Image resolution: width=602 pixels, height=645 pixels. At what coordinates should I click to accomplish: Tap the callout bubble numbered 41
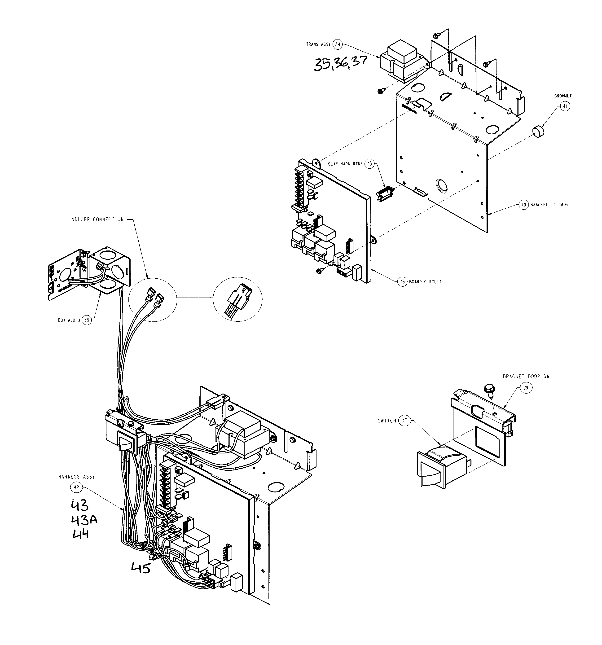tap(565, 106)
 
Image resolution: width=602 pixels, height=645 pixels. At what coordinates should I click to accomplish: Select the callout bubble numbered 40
tap(523, 205)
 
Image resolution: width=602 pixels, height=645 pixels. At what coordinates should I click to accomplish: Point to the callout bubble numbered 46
tap(402, 282)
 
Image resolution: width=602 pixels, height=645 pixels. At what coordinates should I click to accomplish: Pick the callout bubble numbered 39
tap(526, 388)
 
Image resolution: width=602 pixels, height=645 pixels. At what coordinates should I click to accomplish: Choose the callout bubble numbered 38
tap(87, 320)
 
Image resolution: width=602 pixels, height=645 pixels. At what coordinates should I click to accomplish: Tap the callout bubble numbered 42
tap(76, 487)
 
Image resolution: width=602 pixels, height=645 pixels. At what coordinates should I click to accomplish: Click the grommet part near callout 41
tap(538, 132)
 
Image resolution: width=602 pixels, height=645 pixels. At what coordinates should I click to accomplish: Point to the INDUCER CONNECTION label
tap(96, 220)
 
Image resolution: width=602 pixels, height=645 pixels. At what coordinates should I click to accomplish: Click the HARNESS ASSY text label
tap(77, 477)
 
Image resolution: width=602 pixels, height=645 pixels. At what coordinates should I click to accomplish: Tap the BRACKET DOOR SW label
tap(526, 376)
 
